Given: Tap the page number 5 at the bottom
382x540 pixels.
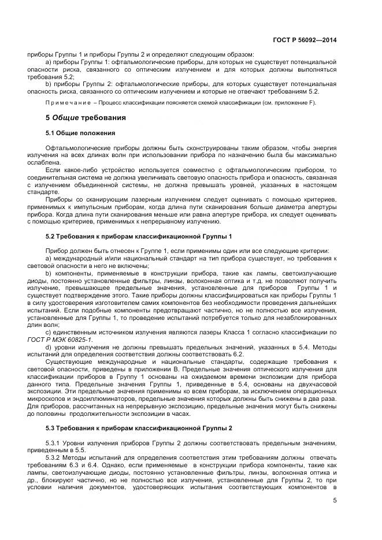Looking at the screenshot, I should click(x=335, y=500).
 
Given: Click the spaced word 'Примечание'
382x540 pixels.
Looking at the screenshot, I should click(x=66, y=103).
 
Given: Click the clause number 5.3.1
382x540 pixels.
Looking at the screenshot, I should click(x=55, y=443).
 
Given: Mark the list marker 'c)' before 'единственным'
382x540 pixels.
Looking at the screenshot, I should click(x=49, y=333).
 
